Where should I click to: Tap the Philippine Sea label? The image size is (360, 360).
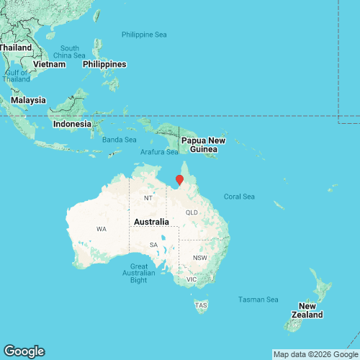click(144, 35)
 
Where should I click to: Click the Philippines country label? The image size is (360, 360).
click(104, 64)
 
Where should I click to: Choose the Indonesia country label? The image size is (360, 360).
click(73, 124)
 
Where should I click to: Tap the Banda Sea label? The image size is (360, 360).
click(119, 140)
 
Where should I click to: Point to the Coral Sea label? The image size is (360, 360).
click(240, 196)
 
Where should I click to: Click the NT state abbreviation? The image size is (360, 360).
click(148, 198)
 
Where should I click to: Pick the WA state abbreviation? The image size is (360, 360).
click(101, 229)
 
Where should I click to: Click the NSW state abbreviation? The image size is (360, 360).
click(199, 258)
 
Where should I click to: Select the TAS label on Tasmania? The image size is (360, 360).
click(201, 305)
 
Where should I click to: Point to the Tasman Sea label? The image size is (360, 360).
click(258, 300)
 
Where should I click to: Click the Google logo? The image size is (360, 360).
click(23, 351)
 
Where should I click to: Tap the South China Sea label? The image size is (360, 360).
click(69, 52)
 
